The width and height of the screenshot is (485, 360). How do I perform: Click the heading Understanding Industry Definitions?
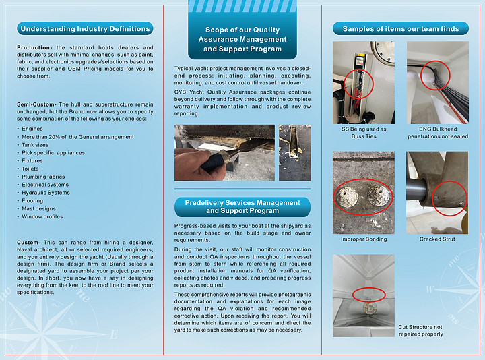pos(85,29)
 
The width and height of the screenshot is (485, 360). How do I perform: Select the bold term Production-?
pos(35,48)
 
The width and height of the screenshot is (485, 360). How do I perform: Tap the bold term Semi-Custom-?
pos(37,104)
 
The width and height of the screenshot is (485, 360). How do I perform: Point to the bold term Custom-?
pos(30,242)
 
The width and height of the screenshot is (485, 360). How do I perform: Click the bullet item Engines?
pos(32,129)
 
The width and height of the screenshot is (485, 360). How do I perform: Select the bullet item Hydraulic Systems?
pos(46,193)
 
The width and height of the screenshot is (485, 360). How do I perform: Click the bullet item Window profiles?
pos(42,217)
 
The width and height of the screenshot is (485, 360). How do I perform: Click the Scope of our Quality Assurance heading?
pos(242,39)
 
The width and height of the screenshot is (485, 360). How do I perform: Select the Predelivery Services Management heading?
pos(242,206)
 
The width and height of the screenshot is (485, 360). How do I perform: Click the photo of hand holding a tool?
pos(224,152)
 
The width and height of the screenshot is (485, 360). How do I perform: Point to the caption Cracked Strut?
pos(437,239)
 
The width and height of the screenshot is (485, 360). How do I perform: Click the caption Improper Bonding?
pos(364,239)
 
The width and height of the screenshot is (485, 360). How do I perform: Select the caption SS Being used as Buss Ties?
pos(364,132)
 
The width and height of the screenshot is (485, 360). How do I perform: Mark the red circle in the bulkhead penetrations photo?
pos(436,77)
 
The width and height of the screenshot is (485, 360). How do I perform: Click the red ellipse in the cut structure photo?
pos(368,295)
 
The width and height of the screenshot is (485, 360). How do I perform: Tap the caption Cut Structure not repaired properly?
pos(421,330)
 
